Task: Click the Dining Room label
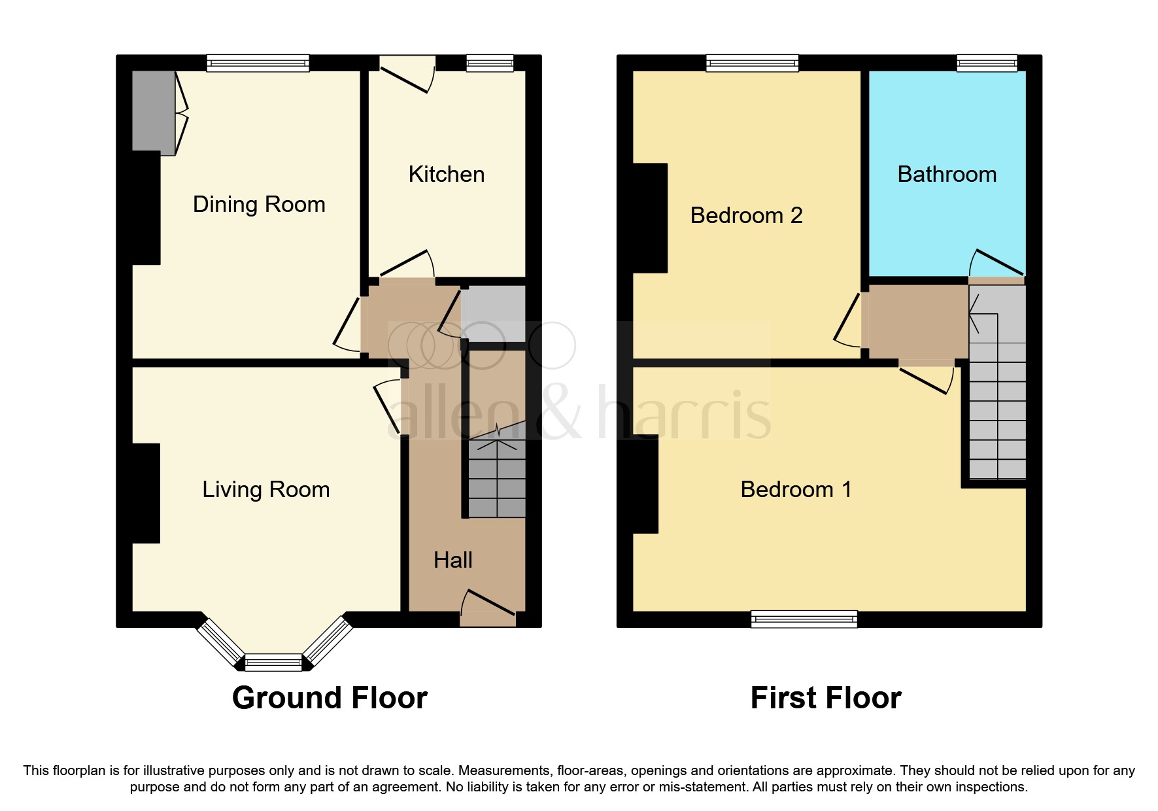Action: point(259,205)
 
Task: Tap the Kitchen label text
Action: point(447,175)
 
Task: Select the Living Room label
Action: point(265,490)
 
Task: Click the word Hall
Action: point(452,561)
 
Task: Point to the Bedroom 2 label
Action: point(746,216)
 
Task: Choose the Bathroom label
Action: point(947,175)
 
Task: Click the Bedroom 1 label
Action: point(796,490)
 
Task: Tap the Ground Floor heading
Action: point(330,698)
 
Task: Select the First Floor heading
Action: point(826,698)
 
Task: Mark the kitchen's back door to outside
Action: point(407,75)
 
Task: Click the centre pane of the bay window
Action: point(274,663)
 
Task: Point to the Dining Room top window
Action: point(258,63)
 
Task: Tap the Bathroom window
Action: point(987,63)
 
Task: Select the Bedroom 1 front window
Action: point(804,619)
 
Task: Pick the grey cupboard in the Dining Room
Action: point(153,111)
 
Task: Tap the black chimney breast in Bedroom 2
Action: point(650,218)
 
